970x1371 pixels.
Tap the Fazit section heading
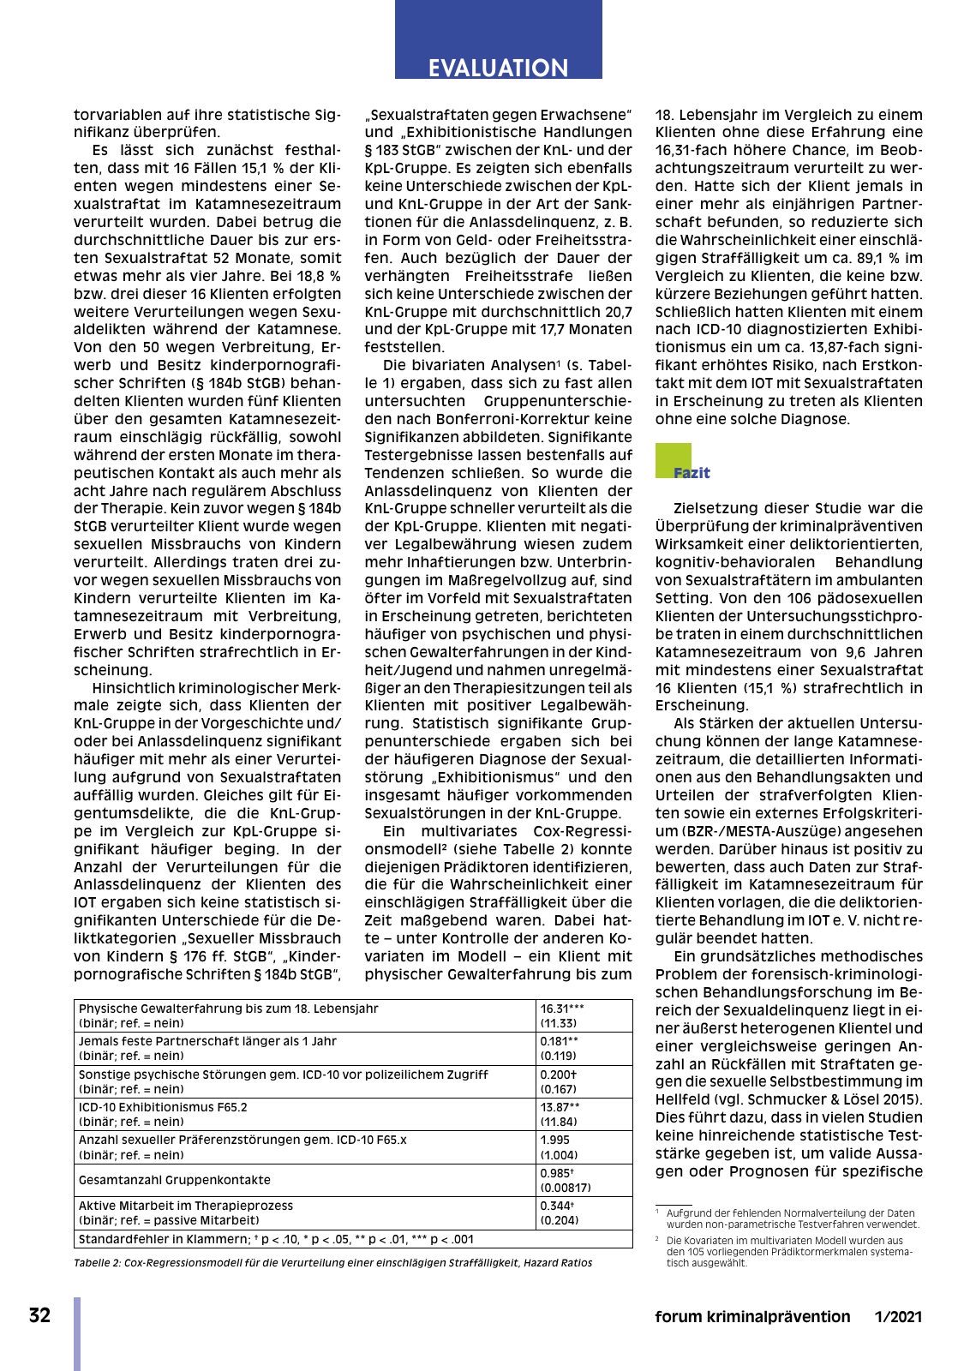pos(692,473)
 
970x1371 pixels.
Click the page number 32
pos(39,1316)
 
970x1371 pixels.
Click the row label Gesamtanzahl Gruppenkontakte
pos(175,1180)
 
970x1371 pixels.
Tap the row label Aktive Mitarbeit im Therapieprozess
pos(186,1206)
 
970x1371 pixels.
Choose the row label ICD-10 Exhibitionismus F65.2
pos(163,1107)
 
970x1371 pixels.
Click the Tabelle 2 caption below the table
pos(332,1263)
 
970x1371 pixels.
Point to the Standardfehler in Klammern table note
pos(276,1240)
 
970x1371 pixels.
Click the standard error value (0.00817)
pos(566,1188)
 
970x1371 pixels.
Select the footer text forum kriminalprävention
pos(752,1317)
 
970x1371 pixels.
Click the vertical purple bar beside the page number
pos(77,1333)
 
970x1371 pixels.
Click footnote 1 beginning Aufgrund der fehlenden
pos(792,1218)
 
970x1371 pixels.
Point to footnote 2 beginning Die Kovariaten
pos(788,1251)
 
